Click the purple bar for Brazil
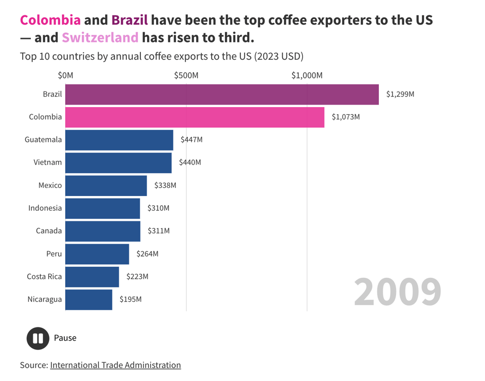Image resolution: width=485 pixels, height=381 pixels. coord(222,94)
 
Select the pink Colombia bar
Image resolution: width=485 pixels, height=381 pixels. coord(195,117)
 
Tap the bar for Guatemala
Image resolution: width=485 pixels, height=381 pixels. coord(119,140)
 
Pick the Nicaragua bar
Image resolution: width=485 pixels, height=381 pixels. coord(89,300)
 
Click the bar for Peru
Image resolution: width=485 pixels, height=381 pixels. coord(97,254)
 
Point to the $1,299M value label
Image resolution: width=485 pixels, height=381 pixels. coord(400,94)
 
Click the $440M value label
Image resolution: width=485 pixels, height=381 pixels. coord(190,162)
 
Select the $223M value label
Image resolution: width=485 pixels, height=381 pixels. coord(137,276)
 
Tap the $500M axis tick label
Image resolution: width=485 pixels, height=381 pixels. coord(186,76)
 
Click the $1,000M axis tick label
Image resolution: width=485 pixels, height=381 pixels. coord(307,76)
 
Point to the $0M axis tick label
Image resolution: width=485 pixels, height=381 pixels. coord(65,76)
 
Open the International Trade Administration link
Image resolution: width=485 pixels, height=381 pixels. coord(115,365)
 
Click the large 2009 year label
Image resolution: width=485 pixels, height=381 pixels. coord(397,292)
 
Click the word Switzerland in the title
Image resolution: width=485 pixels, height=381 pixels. coord(100,37)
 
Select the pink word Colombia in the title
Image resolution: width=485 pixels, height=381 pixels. coord(50,20)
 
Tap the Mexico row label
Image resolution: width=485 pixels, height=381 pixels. coord(50,185)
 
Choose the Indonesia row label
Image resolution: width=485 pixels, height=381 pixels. coord(45,208)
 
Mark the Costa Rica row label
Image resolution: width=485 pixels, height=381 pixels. coord(44,276)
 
